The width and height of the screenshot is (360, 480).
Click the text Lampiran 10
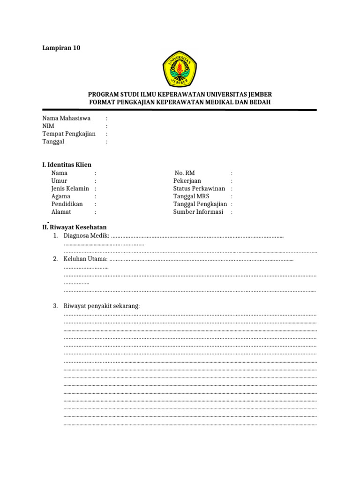(x=61, y=47)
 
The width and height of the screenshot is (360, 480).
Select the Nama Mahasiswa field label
(x=67, y=118)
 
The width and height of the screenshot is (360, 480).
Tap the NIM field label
(x=48, y=126)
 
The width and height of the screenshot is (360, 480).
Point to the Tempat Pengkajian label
(x=69, y=134)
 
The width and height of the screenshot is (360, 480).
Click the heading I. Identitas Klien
(x=67, y=165)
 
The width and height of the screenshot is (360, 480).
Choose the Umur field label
(x=60, y=180)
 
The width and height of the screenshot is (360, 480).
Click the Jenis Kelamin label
(x=70, y=188)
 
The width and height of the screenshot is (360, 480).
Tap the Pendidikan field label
(x=67, y=204)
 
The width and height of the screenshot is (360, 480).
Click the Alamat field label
(x=61, y=212)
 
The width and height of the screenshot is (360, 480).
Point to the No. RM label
(x=184, y=173)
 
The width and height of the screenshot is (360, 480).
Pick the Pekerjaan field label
(x=187, y=180)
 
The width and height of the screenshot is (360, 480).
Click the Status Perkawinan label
(x=199, y=188)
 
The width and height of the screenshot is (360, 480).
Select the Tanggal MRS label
(x=191, y=196)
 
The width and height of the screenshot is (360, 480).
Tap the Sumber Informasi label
(x=198, y=212)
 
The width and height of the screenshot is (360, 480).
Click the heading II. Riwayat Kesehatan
(x=75, y=227)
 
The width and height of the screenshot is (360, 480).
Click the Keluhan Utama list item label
(x=86, y=259)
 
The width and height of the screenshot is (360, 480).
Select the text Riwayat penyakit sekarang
(x=102, y=306)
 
